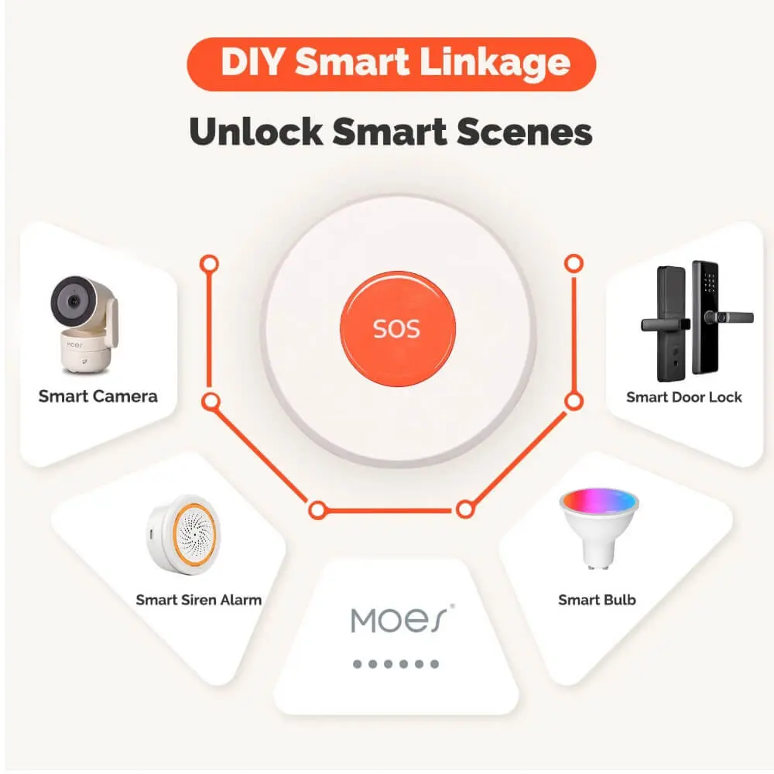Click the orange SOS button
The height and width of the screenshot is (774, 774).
[x=397, y=329]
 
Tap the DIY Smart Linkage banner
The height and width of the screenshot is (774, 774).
[x=392, y=64]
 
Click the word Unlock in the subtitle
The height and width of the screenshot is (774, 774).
[x=255, y=132]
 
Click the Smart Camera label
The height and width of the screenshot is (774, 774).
[x=98, y=396]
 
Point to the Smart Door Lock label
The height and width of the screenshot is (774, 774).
[x=683, y=397]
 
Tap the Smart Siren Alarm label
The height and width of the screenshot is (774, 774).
[x=198, y=600]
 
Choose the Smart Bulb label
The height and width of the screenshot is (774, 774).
[x=597, y=600]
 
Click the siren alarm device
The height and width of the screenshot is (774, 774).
[x=183, y=535]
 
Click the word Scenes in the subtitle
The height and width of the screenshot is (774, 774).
[x=524, y=132]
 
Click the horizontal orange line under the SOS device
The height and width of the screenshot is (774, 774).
[x=391, y=510]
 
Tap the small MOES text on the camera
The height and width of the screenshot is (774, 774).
[x=74, y=345]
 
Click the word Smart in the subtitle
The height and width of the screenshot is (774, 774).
[x=389, y=132]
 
